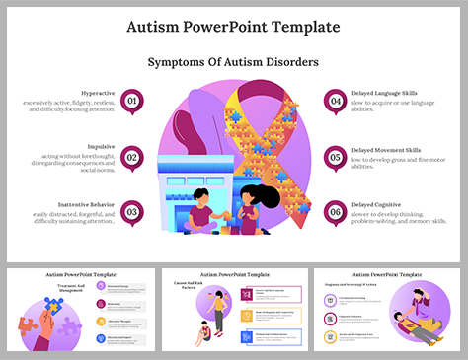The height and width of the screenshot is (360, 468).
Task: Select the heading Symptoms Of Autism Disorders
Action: pyautogui.click(x=233, y=62)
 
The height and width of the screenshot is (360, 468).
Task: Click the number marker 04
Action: pyautogui.click(x=337, y=100)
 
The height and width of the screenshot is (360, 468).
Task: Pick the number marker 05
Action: pyautogui.click(x=337, y=155)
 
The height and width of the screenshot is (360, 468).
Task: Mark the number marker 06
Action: pyautogui.click(x=337, y=210)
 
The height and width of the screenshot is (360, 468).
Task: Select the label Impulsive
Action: pyautogui.click(x=102, y=145)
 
